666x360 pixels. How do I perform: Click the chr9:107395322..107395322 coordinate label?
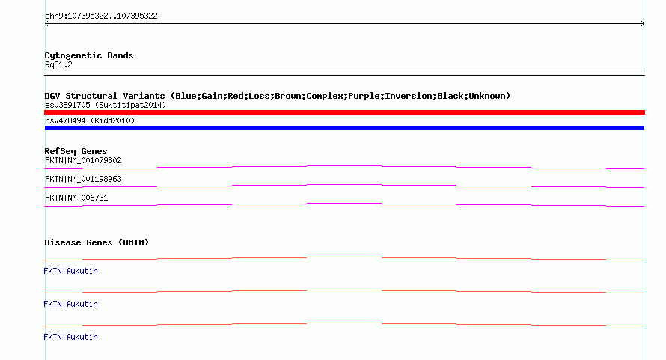coord(101,16)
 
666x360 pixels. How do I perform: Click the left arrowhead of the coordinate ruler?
coord(46,24)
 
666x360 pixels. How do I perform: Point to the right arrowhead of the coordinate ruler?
coord(643,24)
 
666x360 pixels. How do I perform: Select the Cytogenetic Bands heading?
coord(89,55)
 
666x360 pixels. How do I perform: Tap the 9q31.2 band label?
coord(58,64)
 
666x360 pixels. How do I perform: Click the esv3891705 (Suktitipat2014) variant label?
coord(106,105)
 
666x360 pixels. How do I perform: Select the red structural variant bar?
coord(344,112)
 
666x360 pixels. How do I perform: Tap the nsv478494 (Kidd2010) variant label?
coord(90,120)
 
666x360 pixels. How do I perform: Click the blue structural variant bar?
coord(344,128)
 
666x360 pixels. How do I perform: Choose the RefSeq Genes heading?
coord(76,151)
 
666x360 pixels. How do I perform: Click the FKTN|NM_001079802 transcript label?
coord(83,160)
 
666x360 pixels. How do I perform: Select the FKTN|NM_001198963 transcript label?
coord(83,179)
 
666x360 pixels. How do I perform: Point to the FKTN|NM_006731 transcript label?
coord(76,198)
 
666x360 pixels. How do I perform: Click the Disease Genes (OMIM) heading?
coord(97,242)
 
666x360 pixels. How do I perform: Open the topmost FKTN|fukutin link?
coord(70,271)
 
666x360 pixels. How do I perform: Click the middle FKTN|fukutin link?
coord(70,304)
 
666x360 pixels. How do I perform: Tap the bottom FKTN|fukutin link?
coord(70,337)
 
